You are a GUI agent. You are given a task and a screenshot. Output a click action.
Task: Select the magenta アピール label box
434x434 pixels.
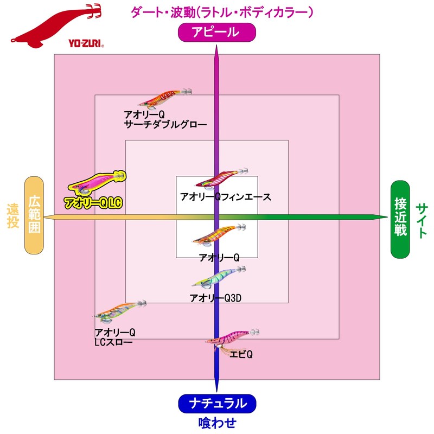pos(216,33)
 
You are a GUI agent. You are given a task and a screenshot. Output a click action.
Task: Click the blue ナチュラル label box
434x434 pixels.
pos(216,403)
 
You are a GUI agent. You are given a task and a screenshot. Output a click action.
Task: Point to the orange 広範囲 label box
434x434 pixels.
pos(34,215)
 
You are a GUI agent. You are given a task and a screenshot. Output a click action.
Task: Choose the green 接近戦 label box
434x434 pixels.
pos(401,218)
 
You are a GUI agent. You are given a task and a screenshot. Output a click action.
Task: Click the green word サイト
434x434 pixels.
pos(423,220)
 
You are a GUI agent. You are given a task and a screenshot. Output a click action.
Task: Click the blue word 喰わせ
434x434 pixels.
pos(216,422)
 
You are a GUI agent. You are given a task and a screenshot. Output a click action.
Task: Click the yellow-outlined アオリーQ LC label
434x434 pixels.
pos(93,203)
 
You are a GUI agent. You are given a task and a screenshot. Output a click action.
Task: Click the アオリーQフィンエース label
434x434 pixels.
pos(225,197)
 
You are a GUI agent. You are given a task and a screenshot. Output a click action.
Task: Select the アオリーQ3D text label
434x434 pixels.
pos(216,298)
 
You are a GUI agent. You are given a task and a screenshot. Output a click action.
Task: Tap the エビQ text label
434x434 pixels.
pos(241,354)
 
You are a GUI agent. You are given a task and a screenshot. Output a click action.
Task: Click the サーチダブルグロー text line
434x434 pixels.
pos(165,124)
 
